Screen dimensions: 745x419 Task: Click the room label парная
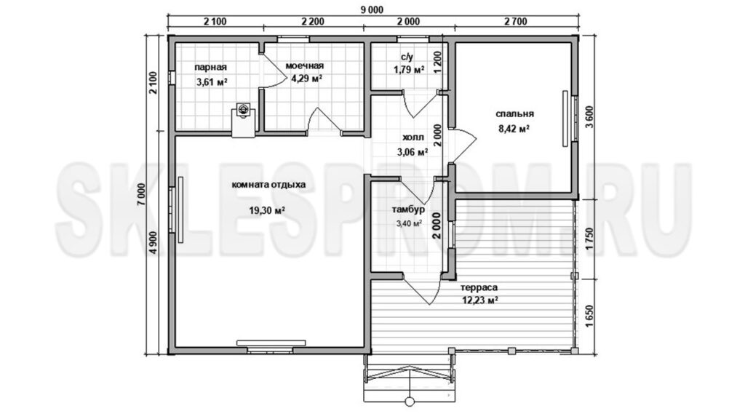point(211,68)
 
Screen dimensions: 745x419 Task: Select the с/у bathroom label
point(407,57)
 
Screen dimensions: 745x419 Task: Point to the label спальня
point(514,114)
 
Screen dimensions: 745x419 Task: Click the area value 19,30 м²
point(266,210)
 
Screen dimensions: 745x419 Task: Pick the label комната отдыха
point(269,185)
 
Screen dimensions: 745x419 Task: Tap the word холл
point(413,137)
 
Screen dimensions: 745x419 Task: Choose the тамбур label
point(408,209)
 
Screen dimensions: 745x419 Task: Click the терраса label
point(479,287)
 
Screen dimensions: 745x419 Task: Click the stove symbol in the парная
point(244,109)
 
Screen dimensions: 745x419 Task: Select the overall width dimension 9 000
point(372,9)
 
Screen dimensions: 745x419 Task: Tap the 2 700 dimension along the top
point(515,22)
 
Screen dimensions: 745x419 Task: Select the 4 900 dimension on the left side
point(153,246)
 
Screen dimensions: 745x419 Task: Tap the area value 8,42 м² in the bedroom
point(514,128)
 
